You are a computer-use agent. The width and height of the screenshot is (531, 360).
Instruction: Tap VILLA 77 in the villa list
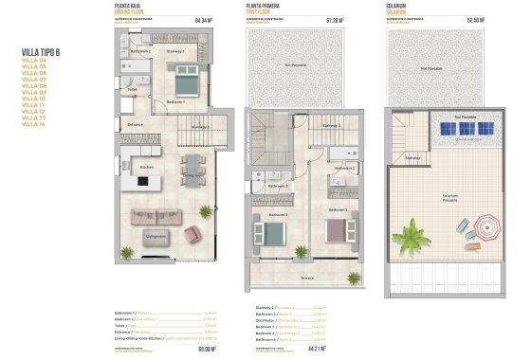pyautogui.click(x=33, y=117)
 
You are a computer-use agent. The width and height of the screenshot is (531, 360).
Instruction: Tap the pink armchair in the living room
pyautogui.click(x=192, y=234)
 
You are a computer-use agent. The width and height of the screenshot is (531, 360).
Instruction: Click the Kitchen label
pyautogui.click(x=146, y=166)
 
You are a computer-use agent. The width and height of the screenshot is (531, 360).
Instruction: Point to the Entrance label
pyautogui.click(x=135, y=124)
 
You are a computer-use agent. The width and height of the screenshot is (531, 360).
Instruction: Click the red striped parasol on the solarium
pyautogui.click(x=487, y=226)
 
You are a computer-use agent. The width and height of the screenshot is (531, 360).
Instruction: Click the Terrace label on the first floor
pyautogui.click(x=306, y=277)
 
